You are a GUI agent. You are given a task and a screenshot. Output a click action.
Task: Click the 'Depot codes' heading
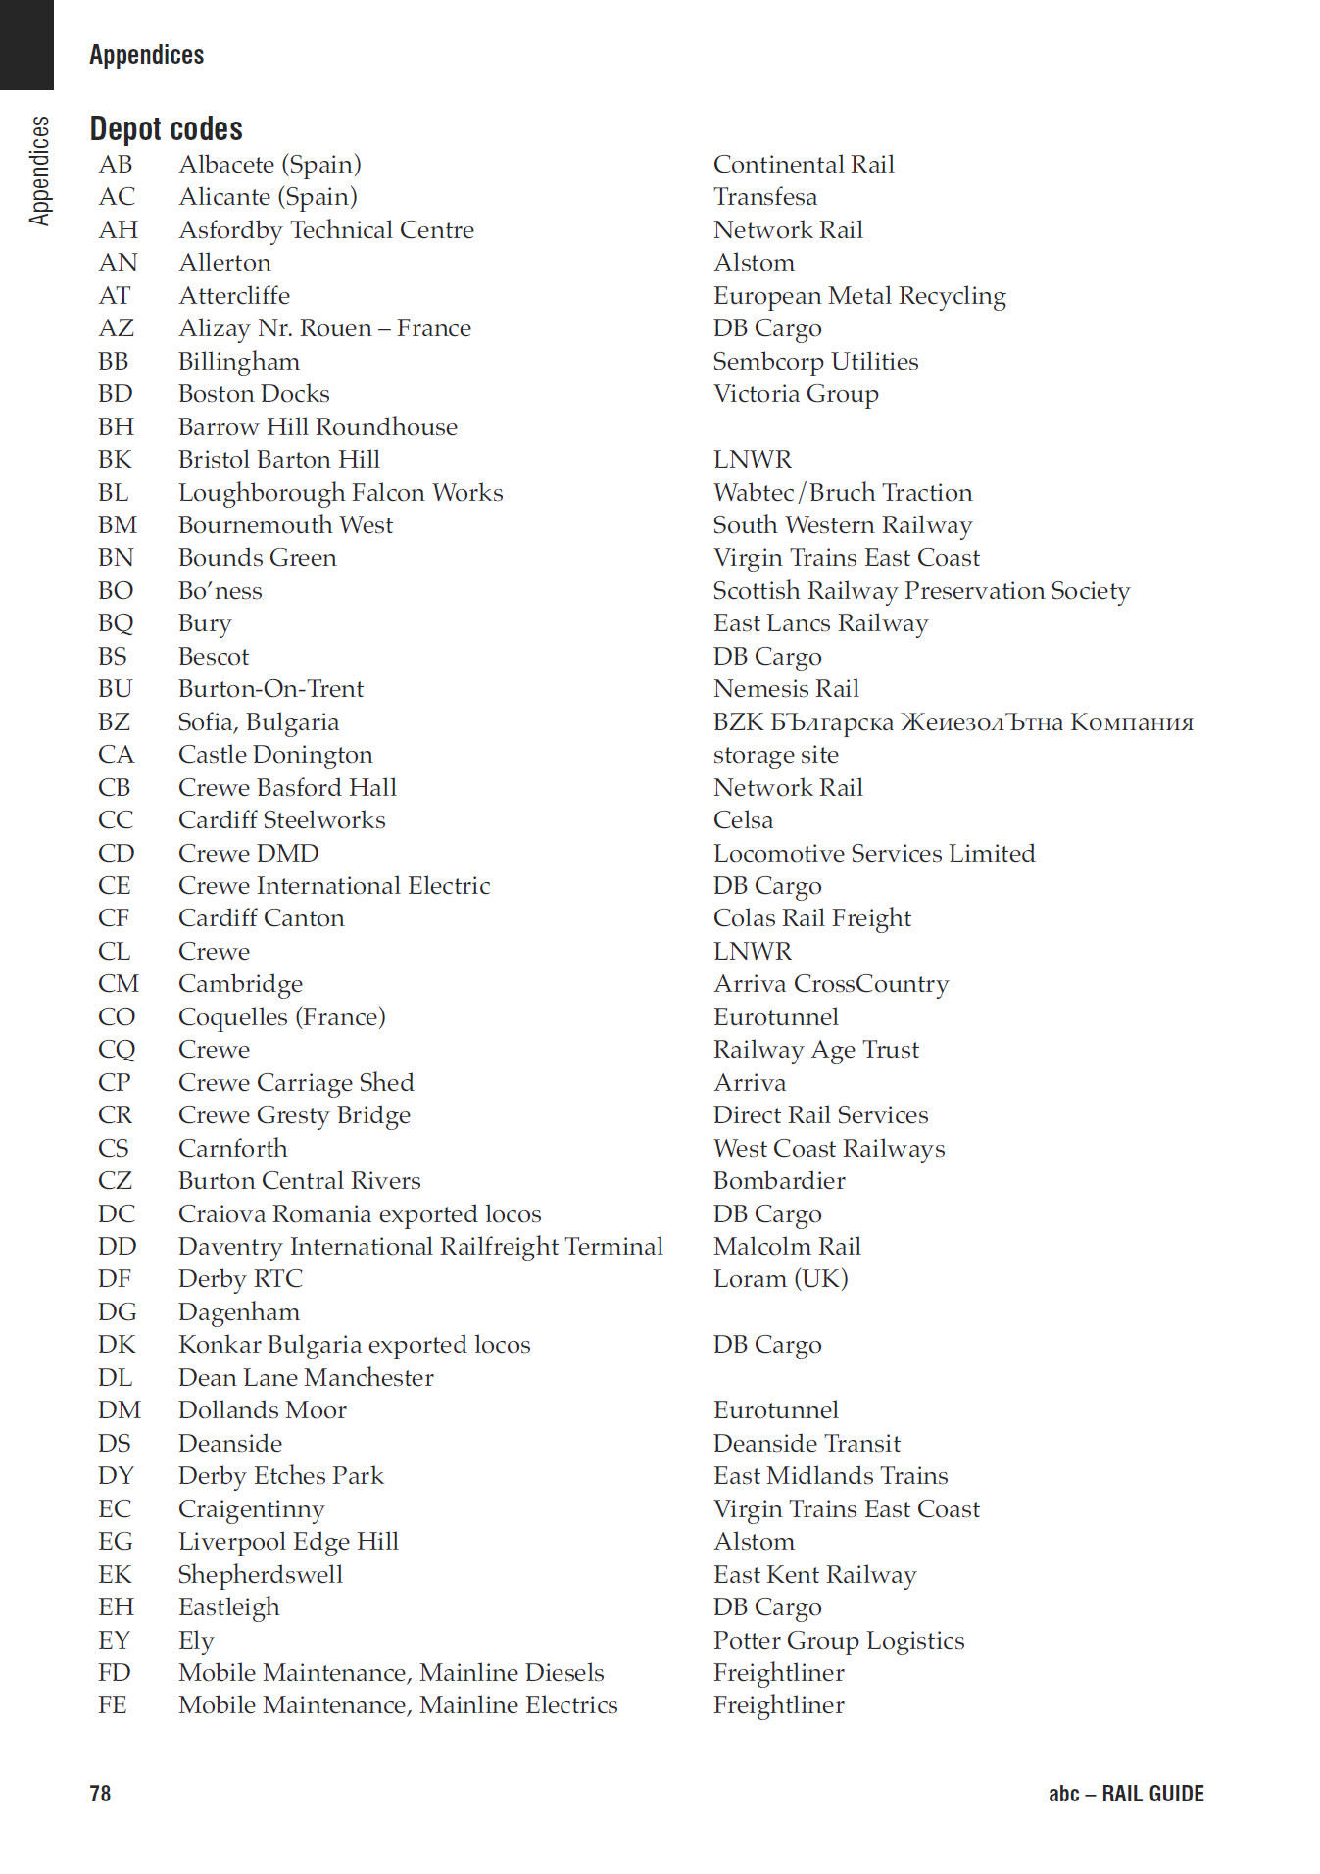[166, 128]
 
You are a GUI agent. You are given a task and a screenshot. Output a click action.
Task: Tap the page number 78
[100, 1793]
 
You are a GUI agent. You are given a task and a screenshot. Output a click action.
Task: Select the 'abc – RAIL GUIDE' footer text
[1125, 1793]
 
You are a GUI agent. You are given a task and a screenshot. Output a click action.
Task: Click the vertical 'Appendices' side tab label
[39, 171]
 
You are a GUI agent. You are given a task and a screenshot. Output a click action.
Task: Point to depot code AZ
[116, 328]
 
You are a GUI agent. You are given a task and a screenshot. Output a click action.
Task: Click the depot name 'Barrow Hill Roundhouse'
[318, 426]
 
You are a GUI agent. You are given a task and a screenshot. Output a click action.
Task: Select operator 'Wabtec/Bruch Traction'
[843, 492]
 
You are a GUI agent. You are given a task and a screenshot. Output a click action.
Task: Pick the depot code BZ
[114, 722]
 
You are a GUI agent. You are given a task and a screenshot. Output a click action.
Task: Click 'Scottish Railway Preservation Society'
[921, 590]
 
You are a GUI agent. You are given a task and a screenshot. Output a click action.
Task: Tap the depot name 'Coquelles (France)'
[281, 1016]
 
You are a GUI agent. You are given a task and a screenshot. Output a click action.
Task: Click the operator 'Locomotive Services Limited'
[873, 853]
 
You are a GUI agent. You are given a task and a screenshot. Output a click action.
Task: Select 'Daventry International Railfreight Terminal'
[420, 1246]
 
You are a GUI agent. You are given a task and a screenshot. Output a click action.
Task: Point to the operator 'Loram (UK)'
[780, 1278]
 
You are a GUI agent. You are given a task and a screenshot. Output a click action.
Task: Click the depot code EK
[114, 1574]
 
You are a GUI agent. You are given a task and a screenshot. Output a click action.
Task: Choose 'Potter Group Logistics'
[839, 1640]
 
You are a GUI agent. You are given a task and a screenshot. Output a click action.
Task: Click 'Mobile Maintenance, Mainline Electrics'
[398, 1704]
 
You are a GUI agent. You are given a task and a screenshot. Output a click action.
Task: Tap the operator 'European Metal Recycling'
[859, 295]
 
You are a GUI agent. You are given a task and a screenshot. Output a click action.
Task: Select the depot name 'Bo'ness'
[220, 590]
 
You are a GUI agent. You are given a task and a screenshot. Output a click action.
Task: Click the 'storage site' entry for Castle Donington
[775, 755]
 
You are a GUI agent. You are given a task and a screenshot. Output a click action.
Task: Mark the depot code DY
[116, 1475]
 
